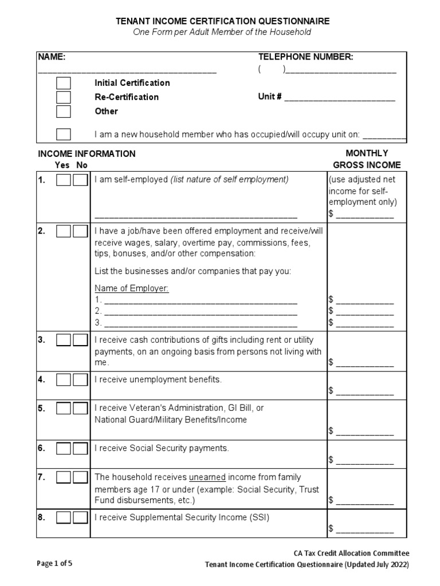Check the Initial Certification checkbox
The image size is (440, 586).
coord(64,83)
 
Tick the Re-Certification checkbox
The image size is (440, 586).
coord(64,97)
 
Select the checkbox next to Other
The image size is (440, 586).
coord(64,112)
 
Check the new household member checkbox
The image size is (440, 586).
coord(64,134)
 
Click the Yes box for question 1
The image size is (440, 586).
coord(64,180)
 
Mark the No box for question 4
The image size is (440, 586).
coord(80,379)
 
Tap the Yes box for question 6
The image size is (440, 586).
coord(64,448)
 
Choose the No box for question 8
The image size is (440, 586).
coord(80,517)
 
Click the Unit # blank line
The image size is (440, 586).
coord(339,98)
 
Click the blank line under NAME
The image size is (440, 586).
coord(127,72)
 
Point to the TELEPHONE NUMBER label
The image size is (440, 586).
coord(305,57)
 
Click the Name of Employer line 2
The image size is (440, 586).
coord(201,312)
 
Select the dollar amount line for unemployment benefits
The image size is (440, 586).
coord(364,391)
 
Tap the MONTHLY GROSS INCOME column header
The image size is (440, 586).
coord(367,159)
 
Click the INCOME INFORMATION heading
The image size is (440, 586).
coord(87,154)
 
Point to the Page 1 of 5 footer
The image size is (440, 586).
coord(54,563)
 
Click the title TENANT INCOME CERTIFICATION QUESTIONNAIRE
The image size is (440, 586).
coord(223,21)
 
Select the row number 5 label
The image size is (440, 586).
coord(41,409)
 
